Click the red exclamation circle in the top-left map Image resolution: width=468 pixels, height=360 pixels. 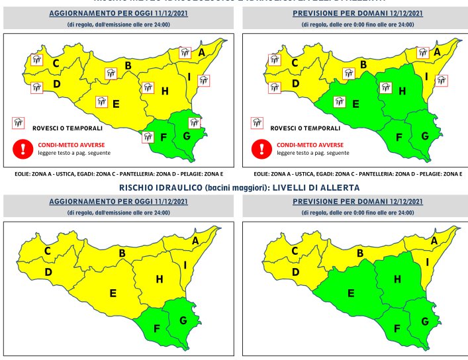pyautogui.click(x=23, y=148)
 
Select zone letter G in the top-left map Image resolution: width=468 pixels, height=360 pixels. pyautogui.click(x=186, y=136)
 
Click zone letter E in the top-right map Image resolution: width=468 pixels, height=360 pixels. pyautogui.click(x=355, y=103)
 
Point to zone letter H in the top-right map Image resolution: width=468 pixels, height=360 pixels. pyautogui.click(x=402, y=91)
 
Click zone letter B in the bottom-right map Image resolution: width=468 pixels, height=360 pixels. pyautogui.click(x=361, y=253)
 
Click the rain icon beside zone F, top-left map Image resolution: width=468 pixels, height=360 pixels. pyautogui.click(x=148, y=137)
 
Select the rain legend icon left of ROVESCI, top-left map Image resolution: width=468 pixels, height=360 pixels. pyautogui.click(x=18, y=122)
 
